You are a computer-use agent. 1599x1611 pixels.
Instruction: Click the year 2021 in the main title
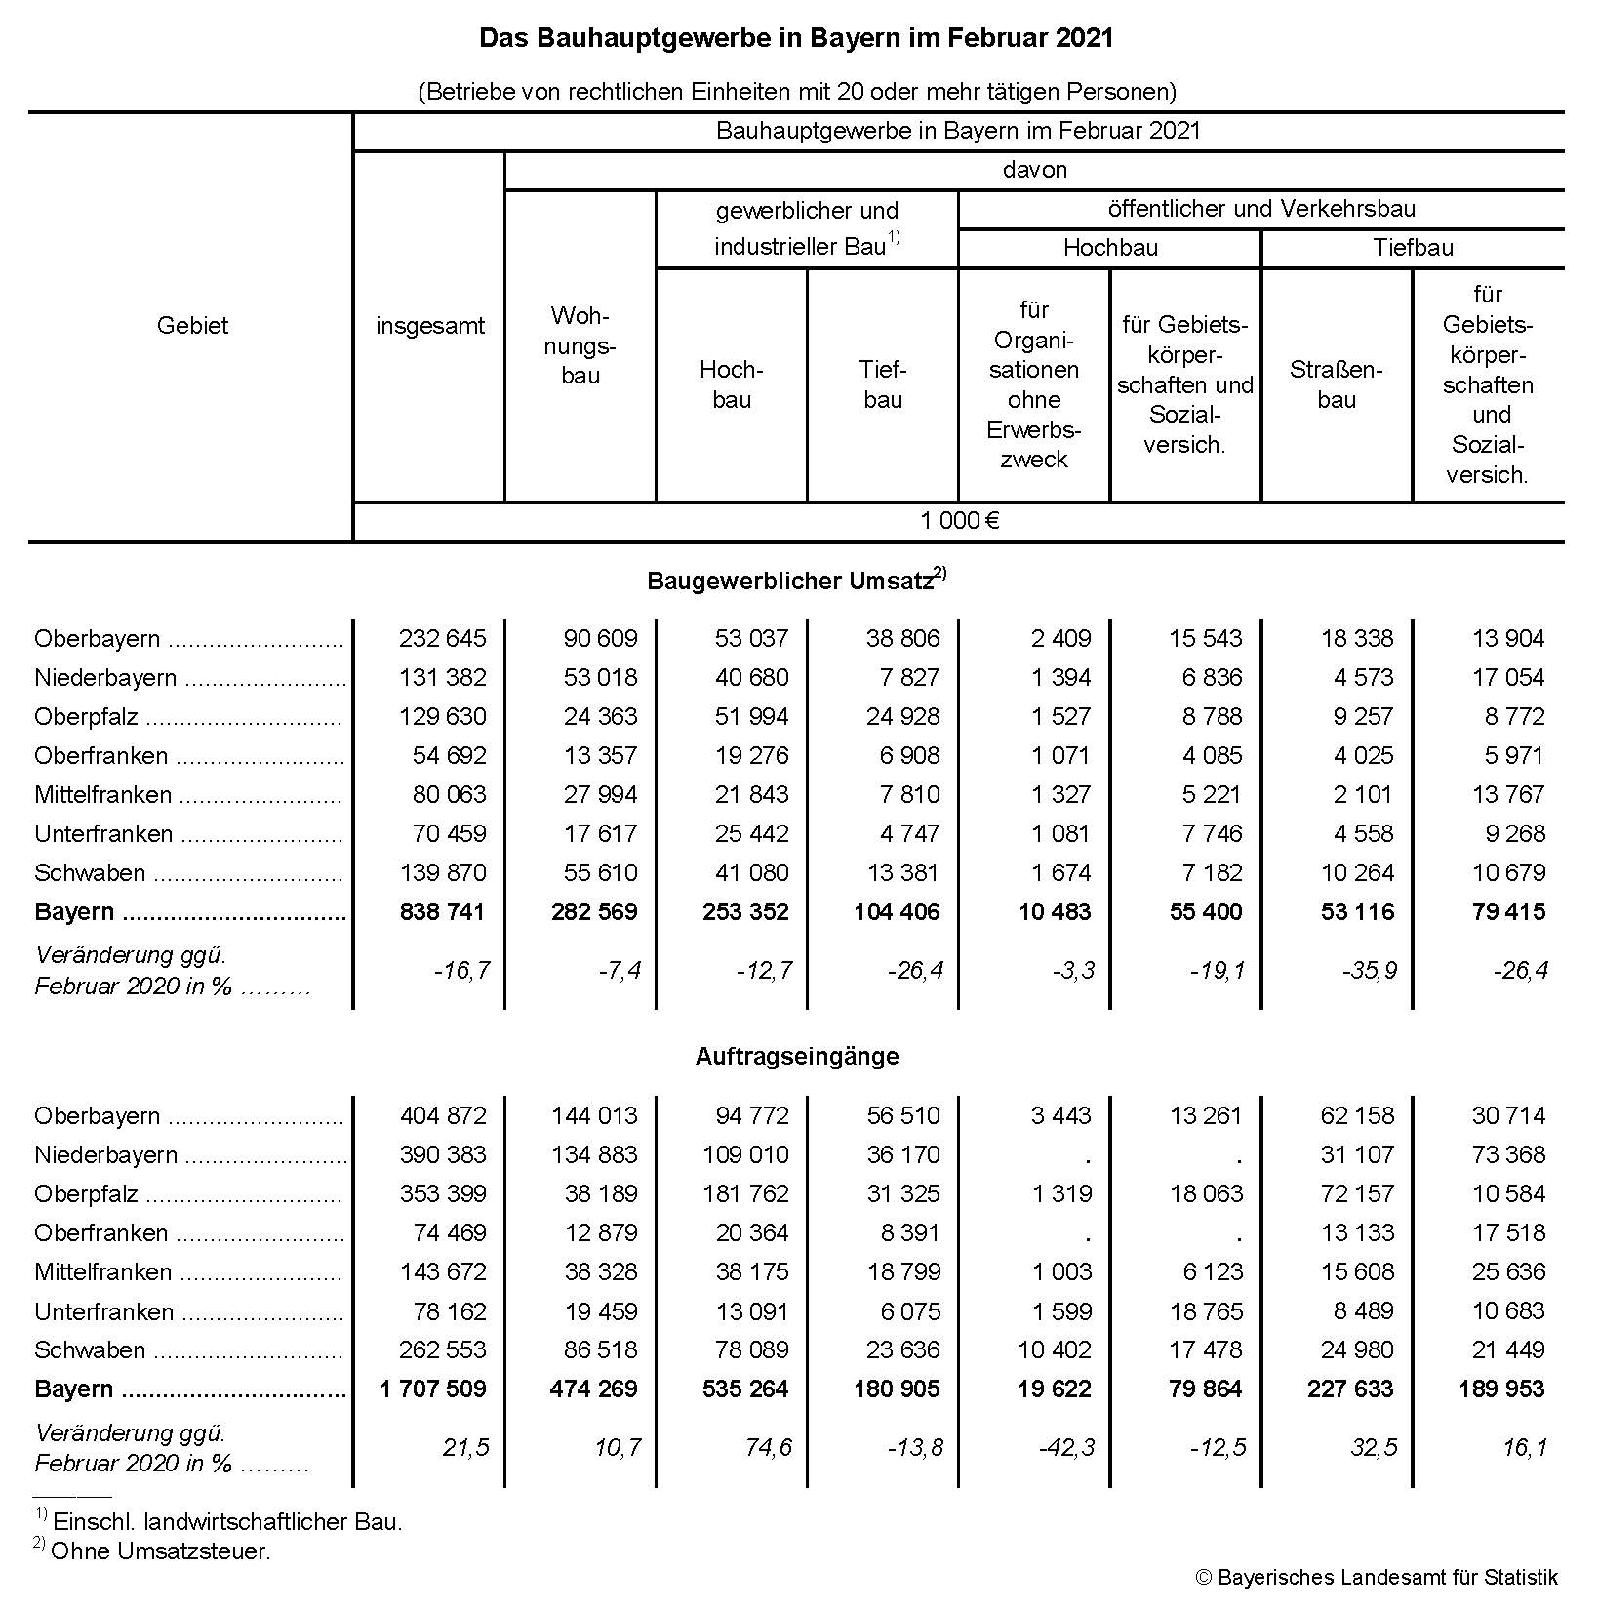coord(1084,38)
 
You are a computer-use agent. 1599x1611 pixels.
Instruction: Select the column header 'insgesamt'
coord(429,326)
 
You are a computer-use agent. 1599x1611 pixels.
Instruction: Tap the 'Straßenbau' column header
coord(1336,384)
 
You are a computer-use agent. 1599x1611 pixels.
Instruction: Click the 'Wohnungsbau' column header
coord(580,345)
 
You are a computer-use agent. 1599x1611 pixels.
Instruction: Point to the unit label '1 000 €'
coord(959,521)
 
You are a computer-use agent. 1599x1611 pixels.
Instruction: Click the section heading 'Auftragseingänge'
coord(797,1057)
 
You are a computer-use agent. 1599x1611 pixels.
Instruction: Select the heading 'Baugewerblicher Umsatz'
coord(790,582)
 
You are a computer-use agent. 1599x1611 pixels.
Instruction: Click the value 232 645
coord(442,639)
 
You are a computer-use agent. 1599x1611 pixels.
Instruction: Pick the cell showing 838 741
coord(442,912)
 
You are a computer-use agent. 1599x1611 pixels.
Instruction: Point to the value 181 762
coord(745,1194)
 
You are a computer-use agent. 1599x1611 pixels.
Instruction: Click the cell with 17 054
coord(1508,678)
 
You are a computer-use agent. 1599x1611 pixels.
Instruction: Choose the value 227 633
coord(1350,1389)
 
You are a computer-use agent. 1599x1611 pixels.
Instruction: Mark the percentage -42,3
coord(1067,1448)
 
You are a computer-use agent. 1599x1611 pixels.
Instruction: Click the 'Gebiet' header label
coord(192,326)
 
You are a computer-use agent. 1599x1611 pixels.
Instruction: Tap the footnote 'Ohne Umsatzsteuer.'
coord(160,1551)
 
